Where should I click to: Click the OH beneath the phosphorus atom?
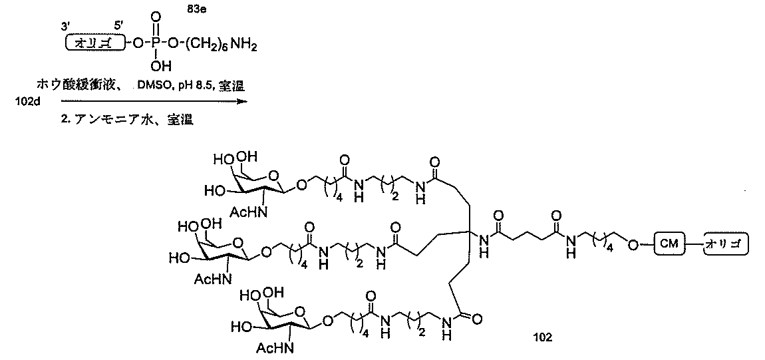(x=161, y=65)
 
